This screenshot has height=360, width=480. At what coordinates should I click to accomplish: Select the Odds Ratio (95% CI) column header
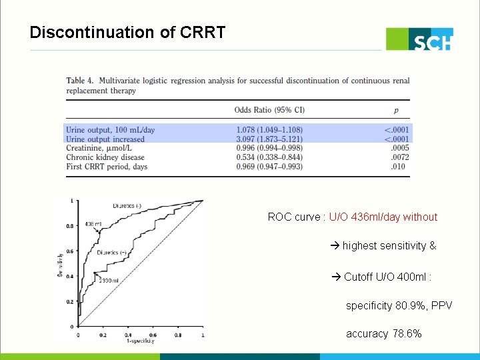pyautogui.click(x=269, y=109)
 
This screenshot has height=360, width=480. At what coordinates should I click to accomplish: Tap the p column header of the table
pyautogui.click(x=397, y=109)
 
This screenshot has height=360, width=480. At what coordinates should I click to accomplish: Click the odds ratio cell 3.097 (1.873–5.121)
pyautogui.click(x=269, y=139)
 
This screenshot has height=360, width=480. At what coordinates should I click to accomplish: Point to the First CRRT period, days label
pyautogui.click(x=107, y=167)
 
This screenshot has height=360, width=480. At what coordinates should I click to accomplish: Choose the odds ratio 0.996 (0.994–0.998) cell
pyautogui.click(x=269, y=148)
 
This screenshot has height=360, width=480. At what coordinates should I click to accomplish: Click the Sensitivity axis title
pyautogui.click(x=59, y=263)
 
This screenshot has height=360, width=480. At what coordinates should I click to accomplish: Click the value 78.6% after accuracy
pyautogui.click(x=407, y=333)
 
